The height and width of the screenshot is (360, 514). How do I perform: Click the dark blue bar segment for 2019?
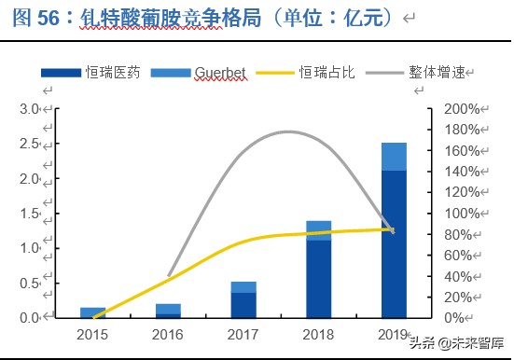(x=394, y=244)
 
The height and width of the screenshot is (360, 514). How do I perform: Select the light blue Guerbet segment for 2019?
(x=394, y=157)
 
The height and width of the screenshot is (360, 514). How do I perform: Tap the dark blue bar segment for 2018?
(x=319, y=279)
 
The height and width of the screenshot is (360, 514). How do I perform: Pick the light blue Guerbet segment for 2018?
(x=319, y=230)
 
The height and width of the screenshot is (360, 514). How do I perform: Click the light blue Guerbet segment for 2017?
(x=243, y=286)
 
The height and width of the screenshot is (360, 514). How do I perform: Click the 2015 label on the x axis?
(x=92, y=334)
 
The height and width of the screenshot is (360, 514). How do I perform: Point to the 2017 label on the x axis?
(x=243, y=334)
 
